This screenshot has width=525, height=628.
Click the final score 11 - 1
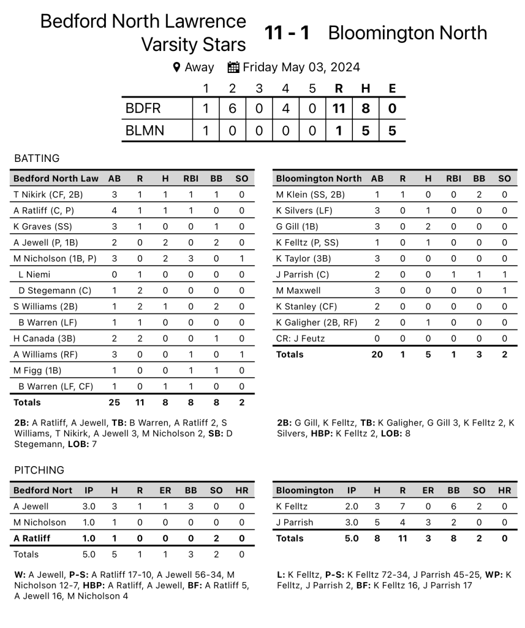point(287,33)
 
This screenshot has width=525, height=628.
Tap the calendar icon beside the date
point(233,67)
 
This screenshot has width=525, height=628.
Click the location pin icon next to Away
point(176,67)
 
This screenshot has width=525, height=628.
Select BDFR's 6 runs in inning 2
point(232,109)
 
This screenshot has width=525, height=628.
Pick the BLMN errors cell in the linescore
point(392,130)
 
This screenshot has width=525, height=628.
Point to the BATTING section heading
point(37,158)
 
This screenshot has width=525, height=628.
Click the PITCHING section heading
point(39,470)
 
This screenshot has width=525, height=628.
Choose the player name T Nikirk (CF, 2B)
point(48,194)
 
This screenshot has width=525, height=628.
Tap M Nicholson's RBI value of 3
point(191,258)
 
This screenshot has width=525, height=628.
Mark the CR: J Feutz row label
point(300,338)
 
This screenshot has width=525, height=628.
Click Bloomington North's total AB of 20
point(377,354)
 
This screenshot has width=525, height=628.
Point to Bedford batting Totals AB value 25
point(115,402)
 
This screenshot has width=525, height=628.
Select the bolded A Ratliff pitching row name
point(32,538)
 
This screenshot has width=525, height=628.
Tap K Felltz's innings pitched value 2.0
point(352,507)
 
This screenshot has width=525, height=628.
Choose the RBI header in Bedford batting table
point(191,178)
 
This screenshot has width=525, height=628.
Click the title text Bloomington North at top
point(407,33)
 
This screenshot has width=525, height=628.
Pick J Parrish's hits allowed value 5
point(377,523)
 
